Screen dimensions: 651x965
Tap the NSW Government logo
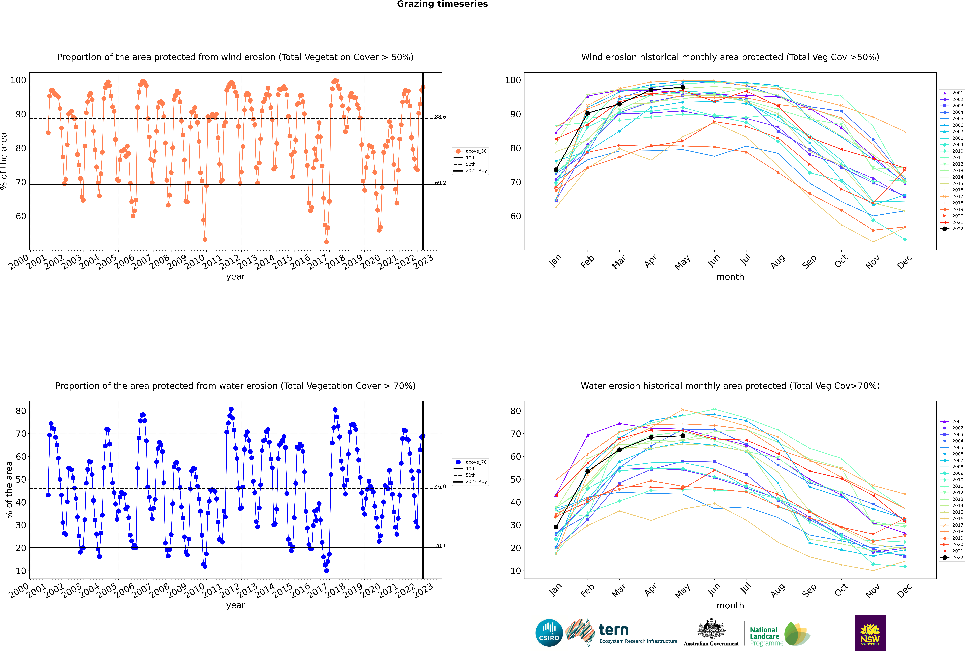pyautogui.click(x=870, y=632)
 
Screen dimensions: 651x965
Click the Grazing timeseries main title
pyautogui.click(x=442, y=4)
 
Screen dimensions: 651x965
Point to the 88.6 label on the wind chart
pyautogui.click(x=440, y=117)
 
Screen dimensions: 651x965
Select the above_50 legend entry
pyautogui.click(x=475, y=151)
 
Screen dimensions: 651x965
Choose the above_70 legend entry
pyautogui.click(x=475, y=462)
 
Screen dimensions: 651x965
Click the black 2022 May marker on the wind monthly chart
pyautogui.click(x=683, y=87)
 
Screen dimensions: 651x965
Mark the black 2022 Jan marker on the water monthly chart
pyautogui.click(x=556, y=527)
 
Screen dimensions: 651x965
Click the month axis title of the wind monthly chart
pyautogui.click(x=730, y=277)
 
